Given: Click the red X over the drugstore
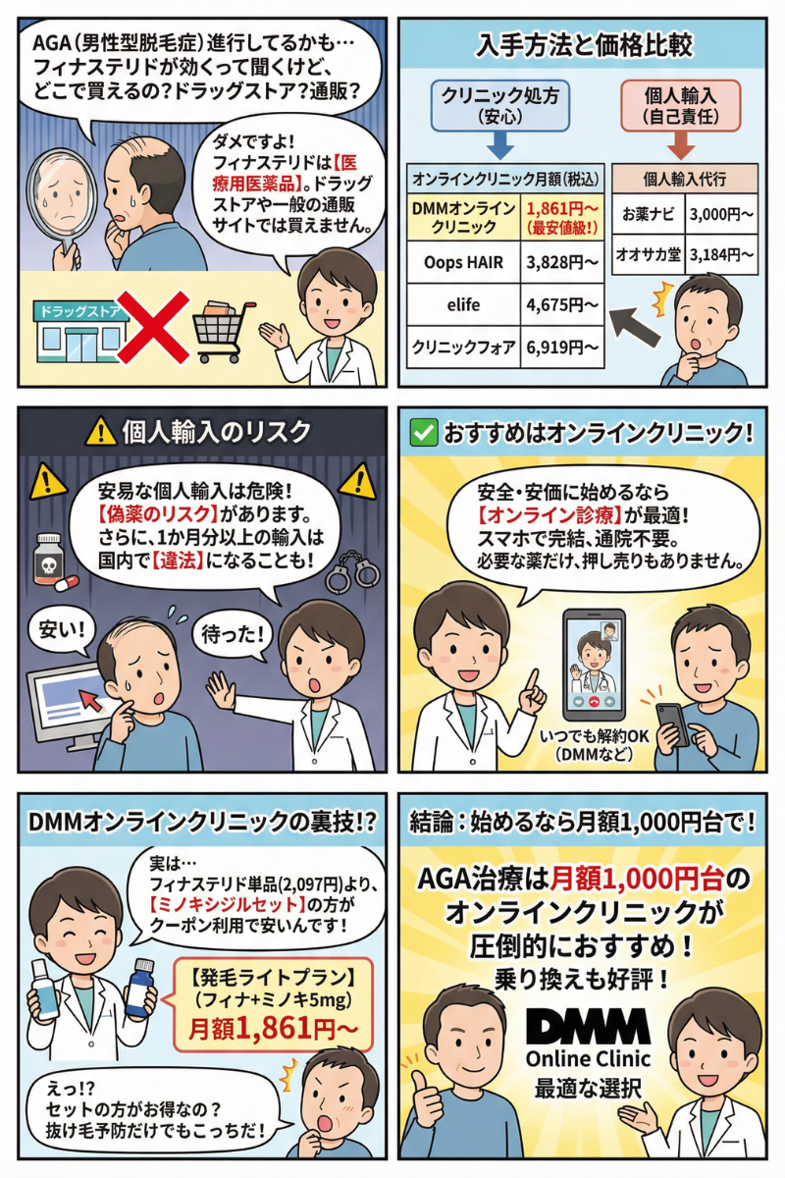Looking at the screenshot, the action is [152, 327].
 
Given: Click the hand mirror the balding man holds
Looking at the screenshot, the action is [62, 209].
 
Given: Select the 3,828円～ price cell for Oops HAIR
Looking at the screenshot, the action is [562, 262].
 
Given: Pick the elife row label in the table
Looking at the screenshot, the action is [463, 304].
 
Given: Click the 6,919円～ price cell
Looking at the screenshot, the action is [562, 348].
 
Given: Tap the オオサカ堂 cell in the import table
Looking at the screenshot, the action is [649, 254].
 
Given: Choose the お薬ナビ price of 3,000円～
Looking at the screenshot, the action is [721, 214].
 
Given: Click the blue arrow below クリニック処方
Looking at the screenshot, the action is [500, 145].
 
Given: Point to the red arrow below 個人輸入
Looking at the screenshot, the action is [681, 145].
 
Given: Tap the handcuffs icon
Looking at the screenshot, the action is [352, 571].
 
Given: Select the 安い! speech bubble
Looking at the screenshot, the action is [62, 630].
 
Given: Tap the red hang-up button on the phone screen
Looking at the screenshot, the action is [595, 701].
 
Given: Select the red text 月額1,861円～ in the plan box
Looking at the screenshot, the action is [274, 1030].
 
